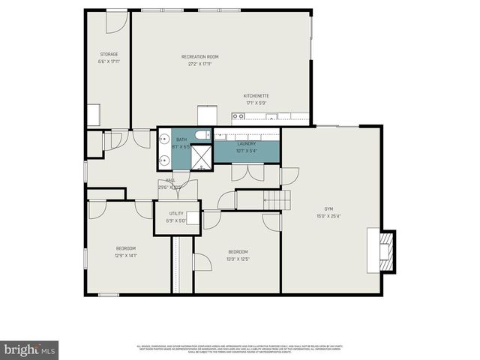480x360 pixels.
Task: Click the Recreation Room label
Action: [199, 57]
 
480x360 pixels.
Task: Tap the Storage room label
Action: [109, 54]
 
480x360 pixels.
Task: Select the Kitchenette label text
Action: [256, 96]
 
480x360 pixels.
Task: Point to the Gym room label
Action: [328, 208]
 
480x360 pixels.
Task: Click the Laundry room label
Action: [247, 143]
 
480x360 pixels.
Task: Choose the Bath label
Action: [181, 139]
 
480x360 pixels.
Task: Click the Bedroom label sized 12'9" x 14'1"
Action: [125, 248]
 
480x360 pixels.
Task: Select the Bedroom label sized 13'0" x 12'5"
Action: [237, 252]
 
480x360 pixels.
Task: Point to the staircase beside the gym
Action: [276, 199]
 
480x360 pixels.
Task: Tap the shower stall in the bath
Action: [199, 156]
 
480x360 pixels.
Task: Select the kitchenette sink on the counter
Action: [239, 116]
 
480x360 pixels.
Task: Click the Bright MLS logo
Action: [30, 349]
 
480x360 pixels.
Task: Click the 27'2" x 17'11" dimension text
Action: [199, 64]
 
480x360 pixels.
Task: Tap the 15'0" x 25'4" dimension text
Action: [328, 216]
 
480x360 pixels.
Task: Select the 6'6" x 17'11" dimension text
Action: [109, 61]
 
